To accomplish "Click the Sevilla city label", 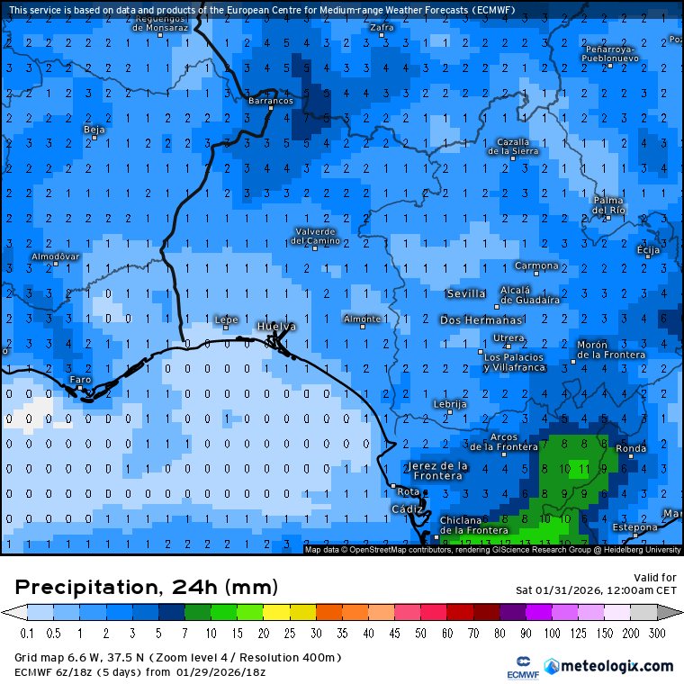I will coord(465,293).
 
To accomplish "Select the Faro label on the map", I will coord(81,380).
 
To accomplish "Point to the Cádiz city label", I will coord(405,509).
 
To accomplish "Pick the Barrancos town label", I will coord(270,101).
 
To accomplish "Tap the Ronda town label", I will coord(630,449).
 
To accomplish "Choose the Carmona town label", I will coord(536,265).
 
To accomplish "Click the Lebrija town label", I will coord(450,404).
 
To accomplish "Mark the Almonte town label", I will coord(363,319).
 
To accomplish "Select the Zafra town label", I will coord(382,28).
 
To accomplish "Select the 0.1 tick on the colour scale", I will coord(27,634).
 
